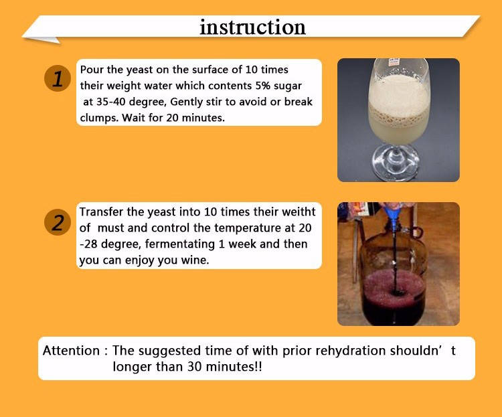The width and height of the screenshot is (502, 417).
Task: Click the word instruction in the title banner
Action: coord(252,27)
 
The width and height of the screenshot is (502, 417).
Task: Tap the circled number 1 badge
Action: coord(58,78)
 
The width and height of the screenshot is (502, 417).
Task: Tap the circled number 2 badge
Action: coord(58,222)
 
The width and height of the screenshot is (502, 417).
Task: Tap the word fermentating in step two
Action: coord(180,244)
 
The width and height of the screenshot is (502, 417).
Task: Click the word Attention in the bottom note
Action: coord(71,351)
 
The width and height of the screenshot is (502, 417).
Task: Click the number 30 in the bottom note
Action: coord(194,366)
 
